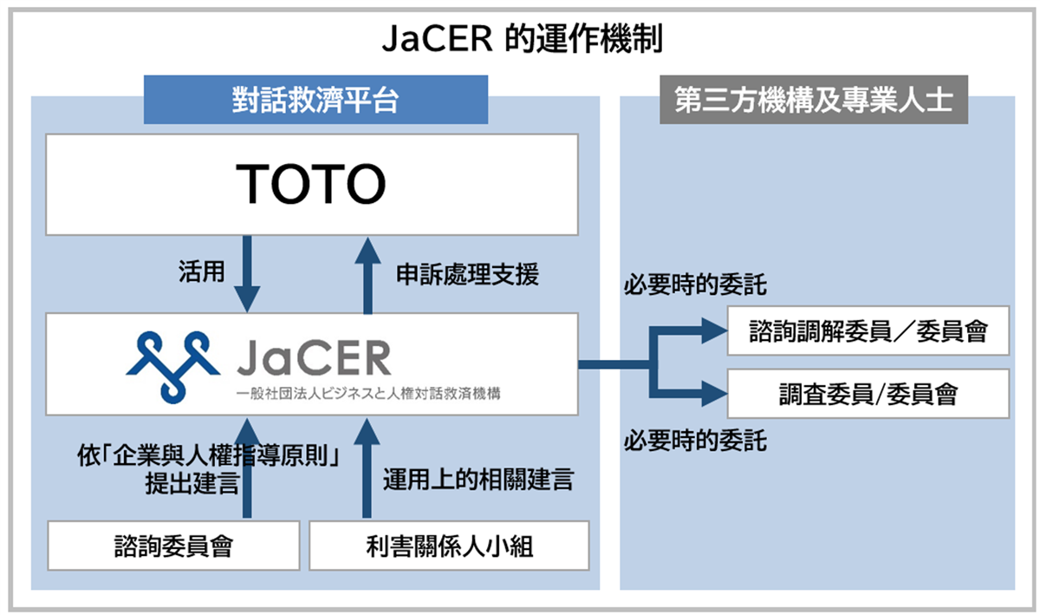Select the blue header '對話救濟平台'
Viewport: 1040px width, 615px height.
(x=315, y=100)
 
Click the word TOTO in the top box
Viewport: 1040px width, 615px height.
(x=311, y=184)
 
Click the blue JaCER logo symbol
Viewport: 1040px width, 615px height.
(x=172, y=363)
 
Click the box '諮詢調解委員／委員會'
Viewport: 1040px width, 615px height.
(x=868, y=330)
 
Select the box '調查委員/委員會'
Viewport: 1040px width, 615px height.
(x=868, y=394)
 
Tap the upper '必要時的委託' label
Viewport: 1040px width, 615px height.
(x=695, y=285)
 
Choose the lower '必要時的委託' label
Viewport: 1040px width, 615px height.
(x=695, y=441)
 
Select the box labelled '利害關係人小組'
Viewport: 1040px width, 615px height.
(x=449, y=546)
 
